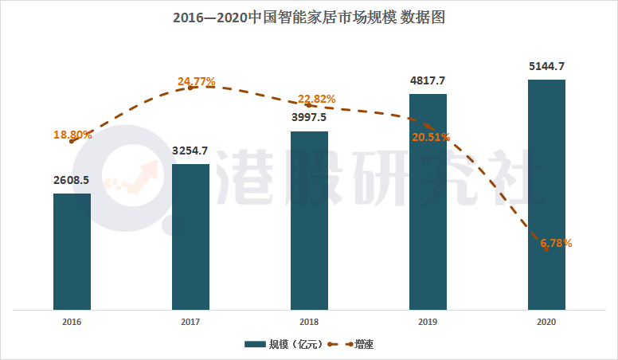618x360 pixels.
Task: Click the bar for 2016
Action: click(72, 251)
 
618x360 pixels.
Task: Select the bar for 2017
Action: click(190, 237)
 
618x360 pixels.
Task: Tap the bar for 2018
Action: click(309, 220)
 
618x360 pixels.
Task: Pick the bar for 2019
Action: click(428, 201)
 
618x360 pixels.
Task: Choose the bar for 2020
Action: click(546, 194)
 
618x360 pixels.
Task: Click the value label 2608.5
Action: click(72, 180)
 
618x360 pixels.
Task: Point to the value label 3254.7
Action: click(190, 151)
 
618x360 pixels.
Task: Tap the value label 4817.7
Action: click(428, 80)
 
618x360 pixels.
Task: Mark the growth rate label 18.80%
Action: click(72, 135)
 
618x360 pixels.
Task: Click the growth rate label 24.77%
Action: click(197, 81)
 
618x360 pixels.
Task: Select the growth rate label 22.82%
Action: click(316, 99)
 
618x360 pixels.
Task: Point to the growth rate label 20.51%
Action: click(431, 137)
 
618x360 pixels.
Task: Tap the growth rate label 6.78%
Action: click(554, 243)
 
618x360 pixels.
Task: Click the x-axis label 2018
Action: click(309, 322)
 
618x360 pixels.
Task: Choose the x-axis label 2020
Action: click(546, 322)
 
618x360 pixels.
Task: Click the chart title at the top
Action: click(309, 17)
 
